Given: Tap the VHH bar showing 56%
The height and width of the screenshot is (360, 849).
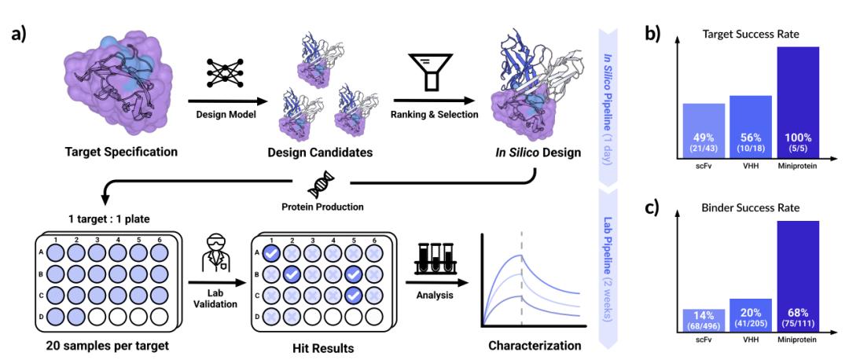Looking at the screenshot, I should point(751,126).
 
